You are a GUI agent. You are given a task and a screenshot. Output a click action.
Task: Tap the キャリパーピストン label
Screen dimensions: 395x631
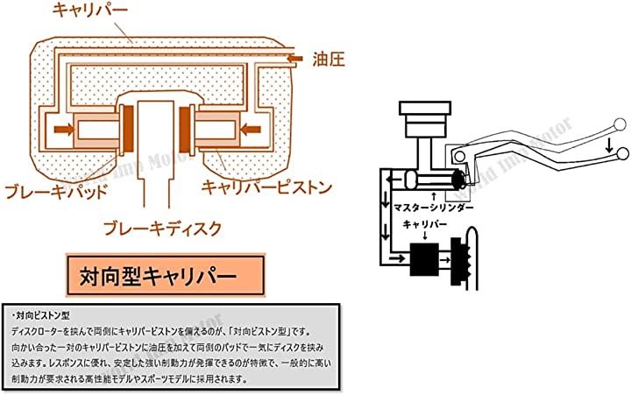pyautogui.click(x=265, y=187)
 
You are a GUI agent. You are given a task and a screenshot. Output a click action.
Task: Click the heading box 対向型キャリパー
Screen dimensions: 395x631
pyautogui.click(x=164, y=275)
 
